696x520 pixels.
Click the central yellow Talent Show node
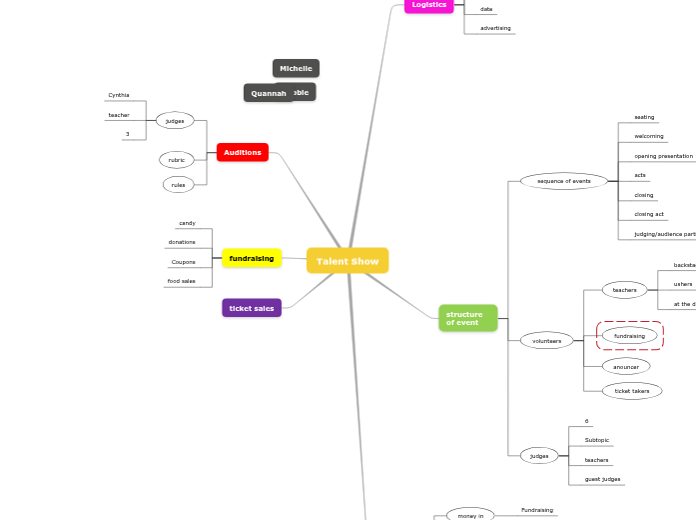tap(348, 261)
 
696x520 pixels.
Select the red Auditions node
tap(243, 153)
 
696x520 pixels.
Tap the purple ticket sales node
tap(252, 308)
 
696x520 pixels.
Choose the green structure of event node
tap(467, 319)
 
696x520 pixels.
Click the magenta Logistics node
tap(429, 5)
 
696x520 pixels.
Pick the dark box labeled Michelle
tap(296, 68)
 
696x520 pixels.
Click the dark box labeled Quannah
tap(268, 93)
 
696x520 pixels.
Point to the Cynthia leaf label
tap(119, 95)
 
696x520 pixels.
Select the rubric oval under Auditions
tap(177, 160)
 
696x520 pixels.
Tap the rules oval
tap(178, 185)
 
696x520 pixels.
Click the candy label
tap(187, 223)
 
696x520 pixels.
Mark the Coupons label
tap(184, 262)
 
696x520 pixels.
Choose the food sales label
tap(182, 281)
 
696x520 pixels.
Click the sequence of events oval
tap(564, 181)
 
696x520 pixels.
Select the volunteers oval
tap(547, 341)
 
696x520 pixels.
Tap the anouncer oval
tap(626, 367)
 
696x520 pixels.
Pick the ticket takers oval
tap(632, 391)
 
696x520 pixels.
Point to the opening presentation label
tap(663, 156)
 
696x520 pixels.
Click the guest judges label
tap(602, 479)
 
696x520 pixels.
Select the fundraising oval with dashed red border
tap(629, 336)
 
